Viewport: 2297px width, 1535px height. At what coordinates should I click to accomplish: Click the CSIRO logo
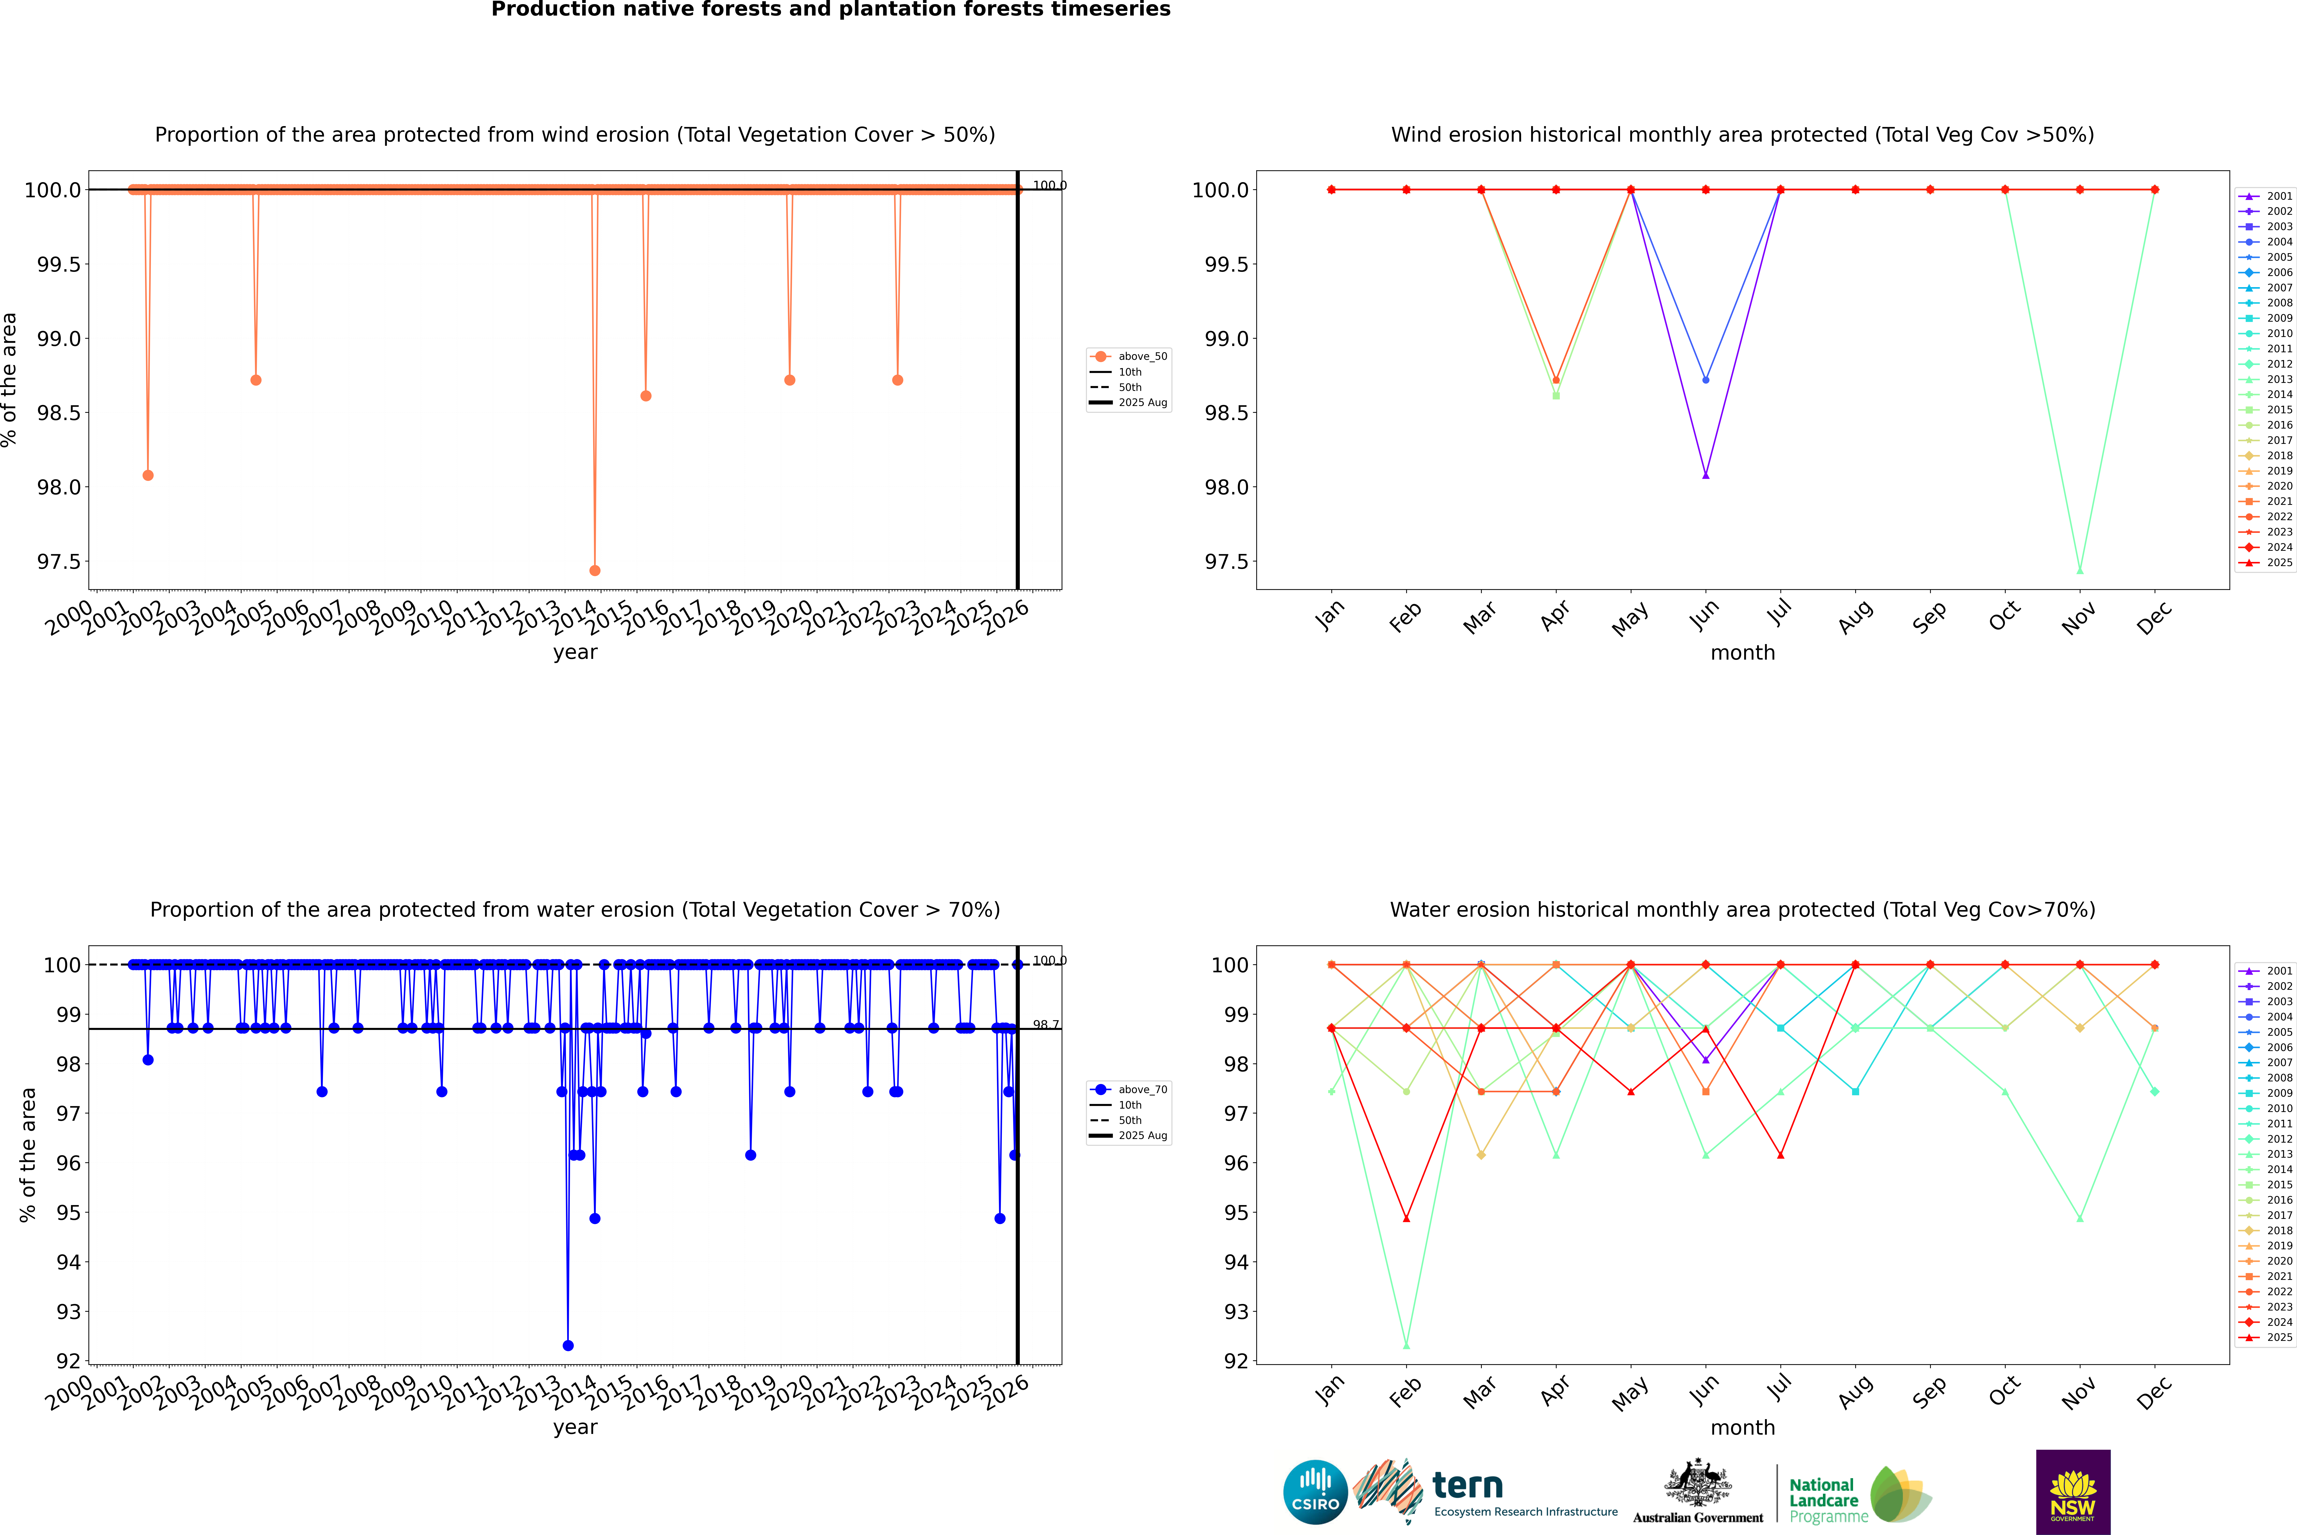pyautogui.click(x=1315, y=1492)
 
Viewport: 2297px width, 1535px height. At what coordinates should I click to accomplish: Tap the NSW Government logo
pyautogui.click(x=2073, y=1492)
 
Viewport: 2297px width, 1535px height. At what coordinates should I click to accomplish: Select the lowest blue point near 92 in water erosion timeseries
pyautogui.click(x=568, y=1345)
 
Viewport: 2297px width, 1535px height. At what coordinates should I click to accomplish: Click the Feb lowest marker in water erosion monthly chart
pyautogui.click(x=1406, y=1345)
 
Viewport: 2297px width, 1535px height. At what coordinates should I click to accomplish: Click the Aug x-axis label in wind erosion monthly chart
pyautogui.click(x=1855, y=617)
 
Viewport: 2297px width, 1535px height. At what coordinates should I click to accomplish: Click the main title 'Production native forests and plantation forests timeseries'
pyautogui.click(x=830, y=10)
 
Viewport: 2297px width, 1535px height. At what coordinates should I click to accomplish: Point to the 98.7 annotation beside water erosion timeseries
pyautogui.click(x=1046, y=1025)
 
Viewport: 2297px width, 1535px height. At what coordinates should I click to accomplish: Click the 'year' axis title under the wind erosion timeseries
pyautogui.click(x=575, y=652)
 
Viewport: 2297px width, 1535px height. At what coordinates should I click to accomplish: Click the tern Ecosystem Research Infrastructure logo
pyautogui.click(x=1485, y=1492)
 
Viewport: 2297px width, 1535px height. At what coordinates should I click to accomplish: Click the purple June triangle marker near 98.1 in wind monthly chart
pyautogui.click(x=1706, y=475)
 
